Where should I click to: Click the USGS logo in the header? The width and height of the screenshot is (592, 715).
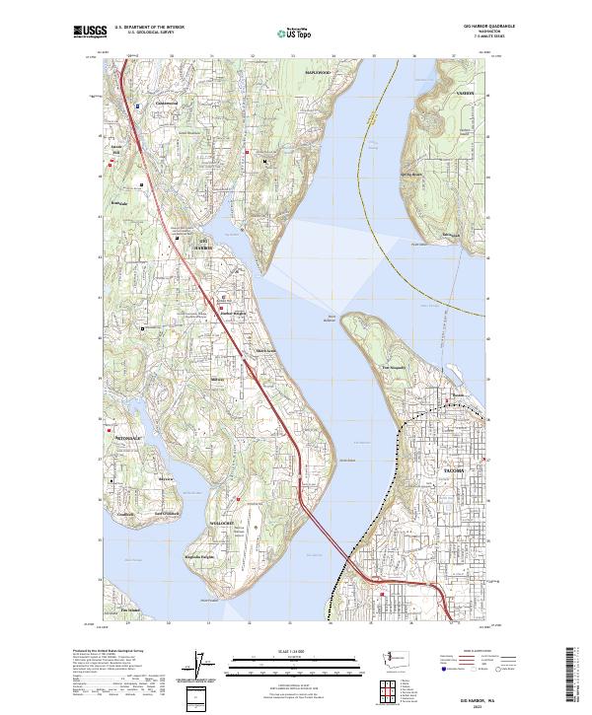[x=90, y=32]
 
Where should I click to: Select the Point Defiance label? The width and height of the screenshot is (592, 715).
[x=331, y=318]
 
